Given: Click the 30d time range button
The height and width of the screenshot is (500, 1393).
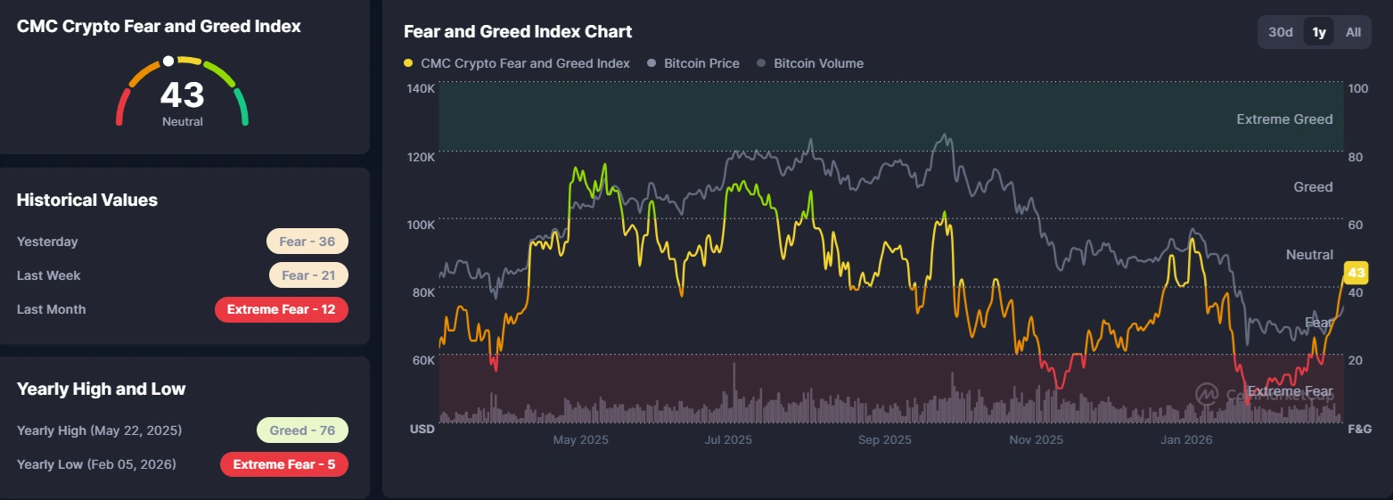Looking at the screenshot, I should (x=1280, y=32).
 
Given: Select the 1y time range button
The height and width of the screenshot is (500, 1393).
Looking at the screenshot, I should (x=1319, y=32).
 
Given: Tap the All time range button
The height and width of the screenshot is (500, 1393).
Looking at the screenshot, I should (x=1353, y=32).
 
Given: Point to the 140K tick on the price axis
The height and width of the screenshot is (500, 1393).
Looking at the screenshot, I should (x=421, y=88).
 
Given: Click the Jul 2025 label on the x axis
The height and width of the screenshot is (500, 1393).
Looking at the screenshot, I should (x=727, y=439).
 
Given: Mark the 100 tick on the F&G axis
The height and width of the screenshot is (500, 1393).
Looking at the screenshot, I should (x=1358, y=88).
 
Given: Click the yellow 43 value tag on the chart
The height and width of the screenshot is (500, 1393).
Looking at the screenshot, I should (x=1356, y=273).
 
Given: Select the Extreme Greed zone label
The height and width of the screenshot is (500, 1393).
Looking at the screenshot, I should (x=1284, y=119).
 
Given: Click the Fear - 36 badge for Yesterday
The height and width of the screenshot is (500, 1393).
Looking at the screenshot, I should (x=307, y=242).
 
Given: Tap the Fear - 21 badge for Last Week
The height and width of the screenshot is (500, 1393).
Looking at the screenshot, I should (x=308, y=275).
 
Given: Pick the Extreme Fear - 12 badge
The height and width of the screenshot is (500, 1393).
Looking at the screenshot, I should (x=281, y=309).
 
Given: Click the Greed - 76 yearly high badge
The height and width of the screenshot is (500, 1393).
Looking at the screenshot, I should (x=302, y=430).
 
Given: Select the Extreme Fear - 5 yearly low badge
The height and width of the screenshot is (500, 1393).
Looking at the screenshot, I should (x=283, y=464).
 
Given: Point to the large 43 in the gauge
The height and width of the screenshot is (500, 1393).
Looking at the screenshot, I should (x=182, y=94).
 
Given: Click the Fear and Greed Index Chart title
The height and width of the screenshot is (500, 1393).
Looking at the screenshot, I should (x=518, y=32).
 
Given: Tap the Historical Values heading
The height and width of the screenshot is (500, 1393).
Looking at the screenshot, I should (x=87, y=201).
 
